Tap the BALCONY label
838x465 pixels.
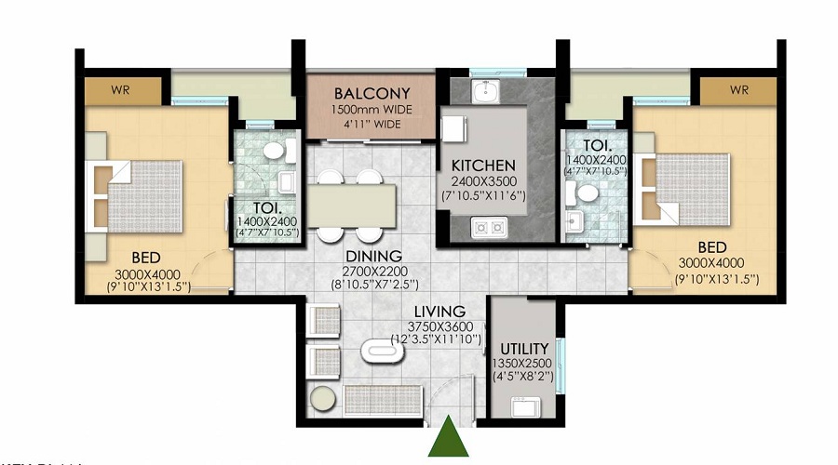pyautogui.click(x=372, y=94)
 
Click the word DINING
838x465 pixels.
pyautogui.click(x=371, y=256)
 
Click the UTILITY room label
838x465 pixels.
pyautogui.click(x=522, y=349)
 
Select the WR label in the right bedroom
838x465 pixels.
pyautogui.click(x=738, y=90)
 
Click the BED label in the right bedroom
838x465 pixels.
pyautogui.click(x=712, y=247)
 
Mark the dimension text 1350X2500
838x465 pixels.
pyautogui.click(x=522, y=364)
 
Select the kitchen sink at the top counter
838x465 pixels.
pyautogui.click(x=484, y=92)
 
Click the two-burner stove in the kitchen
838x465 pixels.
pyautogui.click(x=489, y=226)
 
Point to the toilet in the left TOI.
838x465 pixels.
pyautogui.click(x=274, y=151)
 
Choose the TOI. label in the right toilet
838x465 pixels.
pyautogui.click(x=596, y=147)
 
